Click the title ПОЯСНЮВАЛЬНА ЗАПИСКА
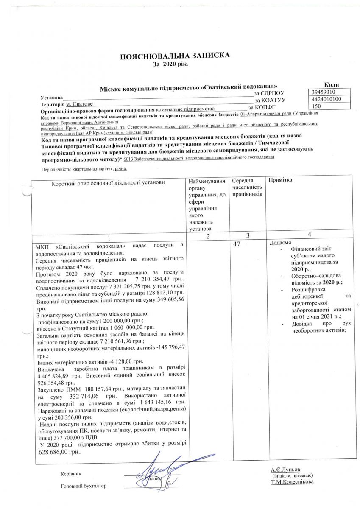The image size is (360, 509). click(175, 56)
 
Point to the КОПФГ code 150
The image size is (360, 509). click(316, 106)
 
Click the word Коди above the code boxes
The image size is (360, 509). click(331, 85)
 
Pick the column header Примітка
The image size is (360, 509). click(281, 180)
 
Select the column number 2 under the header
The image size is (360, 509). click(208, 236)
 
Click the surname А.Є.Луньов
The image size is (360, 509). click(285, 470)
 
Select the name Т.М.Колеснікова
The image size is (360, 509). click(293, 482)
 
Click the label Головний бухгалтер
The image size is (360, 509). click(84, 486)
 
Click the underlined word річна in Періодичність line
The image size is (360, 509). click(121, 168)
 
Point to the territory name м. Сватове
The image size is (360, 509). click(79, 104)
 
